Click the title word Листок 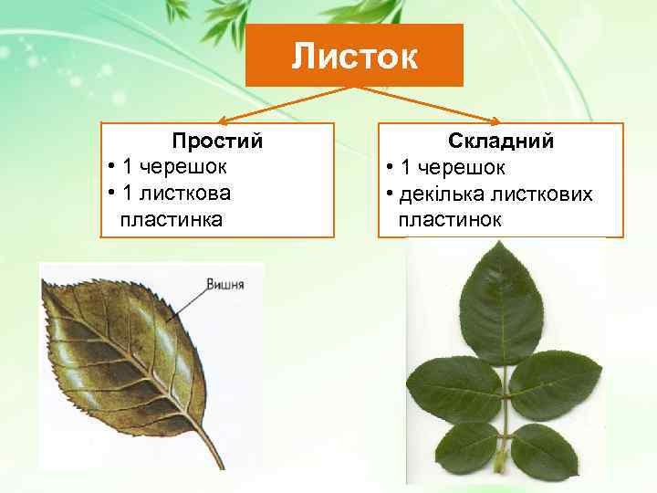[x=354, y=57]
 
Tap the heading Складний [x=501, y=142]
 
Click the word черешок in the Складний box [x=454, y=168]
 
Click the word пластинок [x=450, y=220]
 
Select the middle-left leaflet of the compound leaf [x=453, y=389]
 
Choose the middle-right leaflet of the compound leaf [x=553, y=383]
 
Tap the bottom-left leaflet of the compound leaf [x=465, y=447]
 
